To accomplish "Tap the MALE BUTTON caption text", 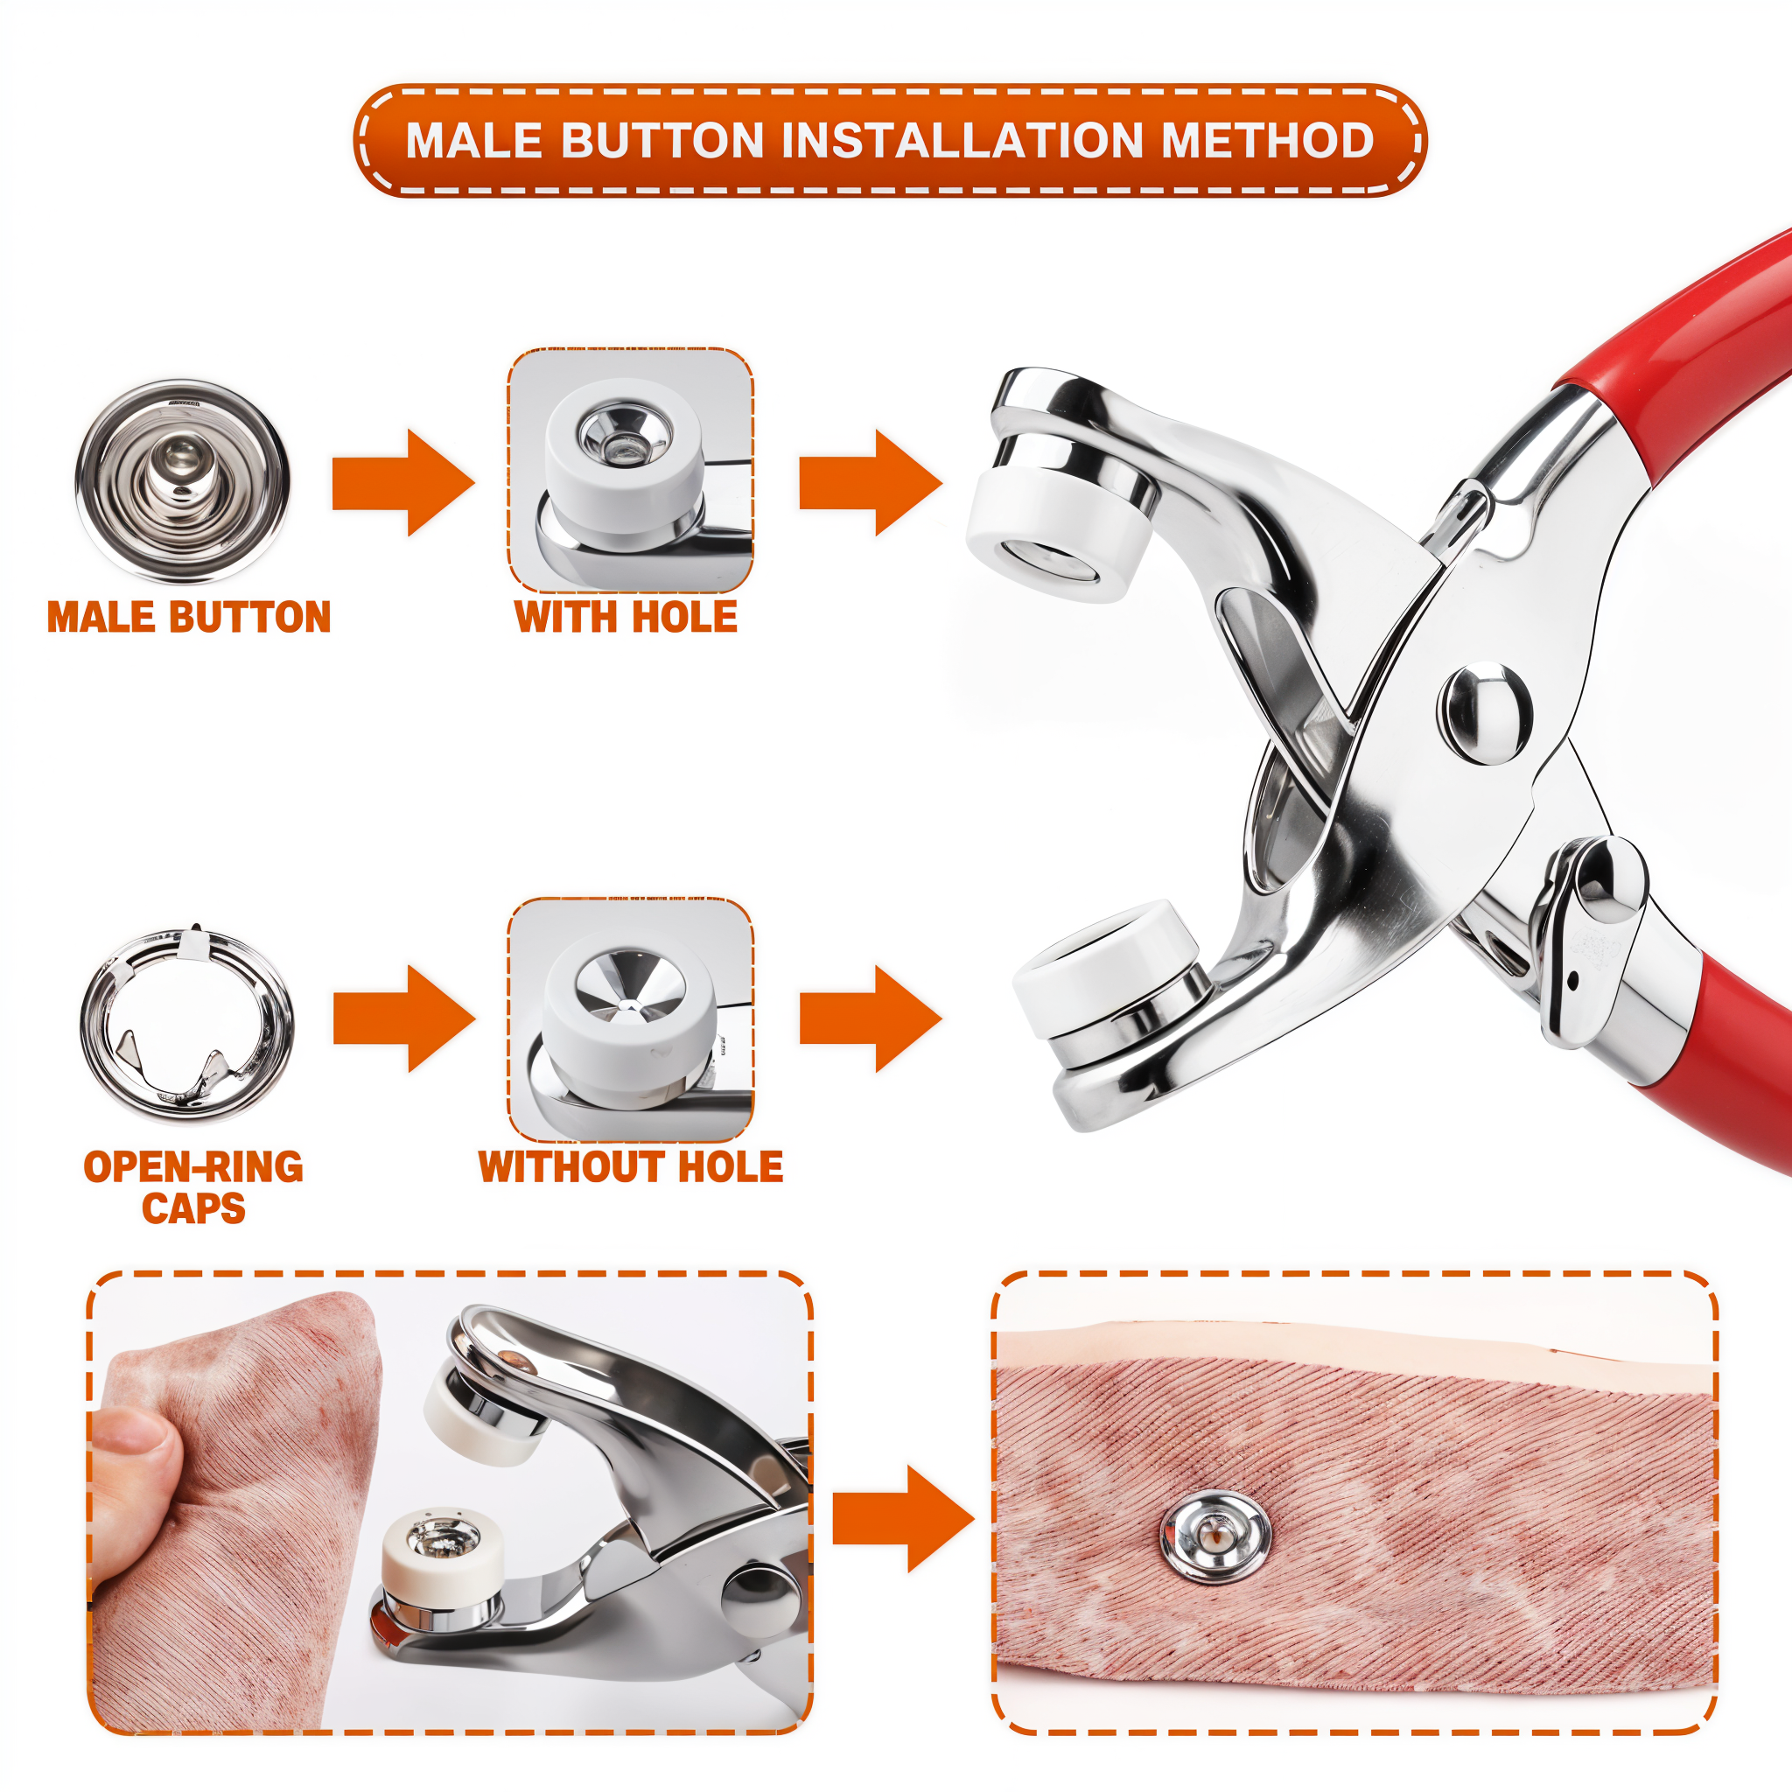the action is click(x=189, y=618).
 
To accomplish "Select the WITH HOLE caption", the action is click(x=626, y=617).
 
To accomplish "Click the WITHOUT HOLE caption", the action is click(x=631, y=1167).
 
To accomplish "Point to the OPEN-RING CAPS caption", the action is click(x=192, y=1187).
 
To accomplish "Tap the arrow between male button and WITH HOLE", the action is click(x=403, y=482).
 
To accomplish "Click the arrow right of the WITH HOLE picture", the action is click(x=871, y=482).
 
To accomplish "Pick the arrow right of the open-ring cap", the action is click(x=404, y=1018).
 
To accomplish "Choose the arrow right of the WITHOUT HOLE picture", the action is click(x=871, y=1018).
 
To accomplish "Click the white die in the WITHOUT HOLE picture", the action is click(x=630, y=1007).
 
